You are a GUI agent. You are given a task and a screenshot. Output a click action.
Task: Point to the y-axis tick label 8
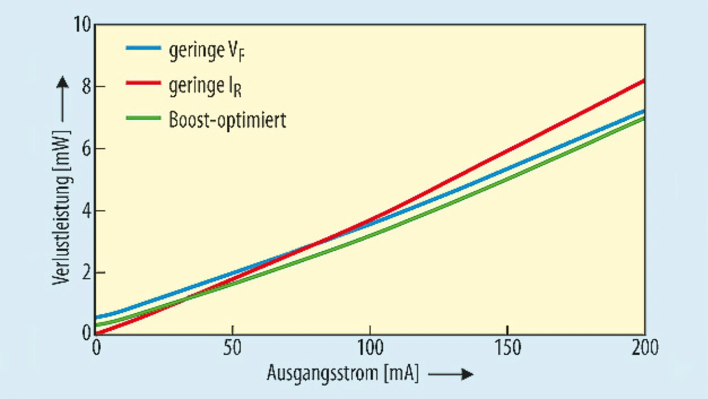[x=84, y=87]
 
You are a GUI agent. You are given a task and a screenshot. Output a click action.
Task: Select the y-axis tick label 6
[x=84, y=149]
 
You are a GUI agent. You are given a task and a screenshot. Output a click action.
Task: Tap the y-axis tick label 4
[x=84, y=211]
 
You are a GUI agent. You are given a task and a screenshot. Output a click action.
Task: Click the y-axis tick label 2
[x=84, y=273]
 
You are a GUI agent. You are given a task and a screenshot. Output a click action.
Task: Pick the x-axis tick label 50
[x=233, y=349]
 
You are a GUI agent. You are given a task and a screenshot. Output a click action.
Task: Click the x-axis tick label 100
[x=370, y=349]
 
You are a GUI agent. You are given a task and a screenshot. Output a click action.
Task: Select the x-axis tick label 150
[x=508, y=349]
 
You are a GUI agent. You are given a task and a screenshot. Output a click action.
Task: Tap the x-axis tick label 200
[x=644, y=349]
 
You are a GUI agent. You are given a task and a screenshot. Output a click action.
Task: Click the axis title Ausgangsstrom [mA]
[x=343, y=374]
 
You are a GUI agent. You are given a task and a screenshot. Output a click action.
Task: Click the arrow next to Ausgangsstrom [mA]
[x=451, y=375]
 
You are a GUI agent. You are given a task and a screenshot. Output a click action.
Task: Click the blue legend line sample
[x=143, y=48]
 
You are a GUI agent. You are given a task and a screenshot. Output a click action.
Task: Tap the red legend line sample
[x=143, y=84]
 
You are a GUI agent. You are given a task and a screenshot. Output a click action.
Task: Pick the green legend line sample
[x=143, y=118]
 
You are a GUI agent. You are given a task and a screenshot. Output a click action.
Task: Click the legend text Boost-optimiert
[x=227, y=120]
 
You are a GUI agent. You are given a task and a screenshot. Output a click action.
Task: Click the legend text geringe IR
[x=205, y=86]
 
